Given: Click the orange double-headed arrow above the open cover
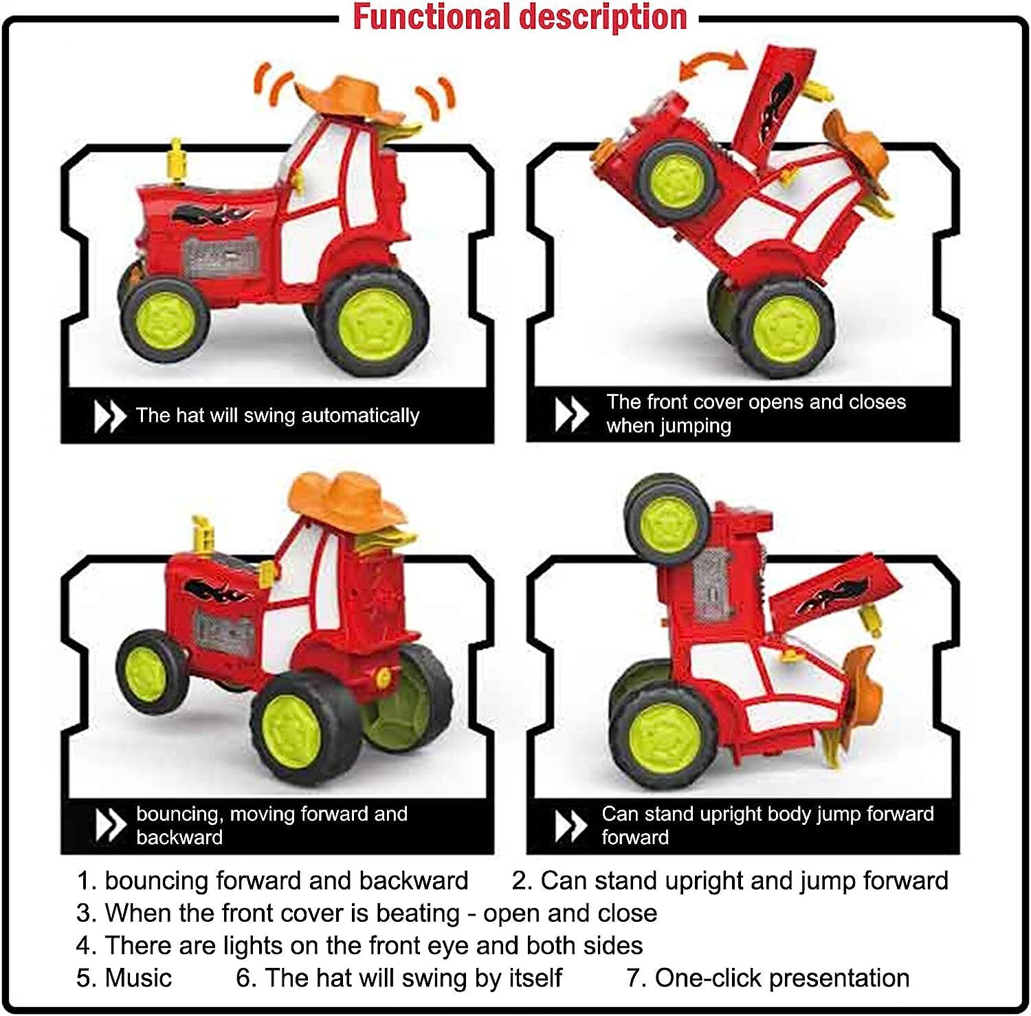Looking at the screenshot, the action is tap(712, 65).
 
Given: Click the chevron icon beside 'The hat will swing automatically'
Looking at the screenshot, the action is tap(109, 416).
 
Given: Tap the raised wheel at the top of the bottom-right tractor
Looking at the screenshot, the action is tap(667, 519).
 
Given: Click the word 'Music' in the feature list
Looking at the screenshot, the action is tap(138, 978).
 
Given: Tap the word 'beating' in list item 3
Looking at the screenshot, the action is tap(419, 914).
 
